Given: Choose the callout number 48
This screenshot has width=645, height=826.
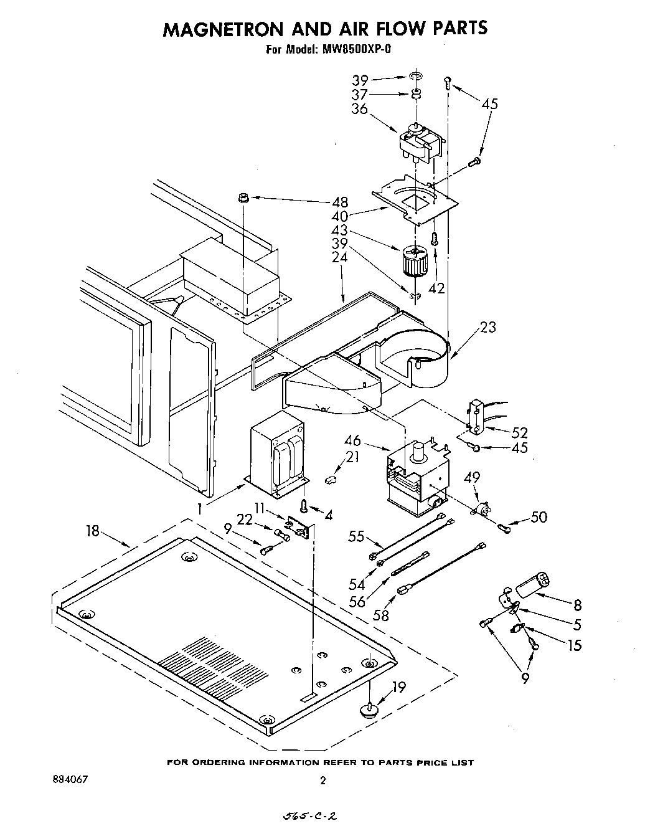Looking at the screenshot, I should click(x=341, y=202).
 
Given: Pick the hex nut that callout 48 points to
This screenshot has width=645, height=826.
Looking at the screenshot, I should click(x=243, y=198).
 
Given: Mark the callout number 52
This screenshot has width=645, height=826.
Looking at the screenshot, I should click(x=519, y=432).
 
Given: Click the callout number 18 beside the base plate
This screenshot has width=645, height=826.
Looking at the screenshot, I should click(x=92, y=531).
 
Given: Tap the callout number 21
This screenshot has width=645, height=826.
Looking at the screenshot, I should click(x=352, y=458).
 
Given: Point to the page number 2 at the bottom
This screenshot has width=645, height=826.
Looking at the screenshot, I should click(x=322, y=780).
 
